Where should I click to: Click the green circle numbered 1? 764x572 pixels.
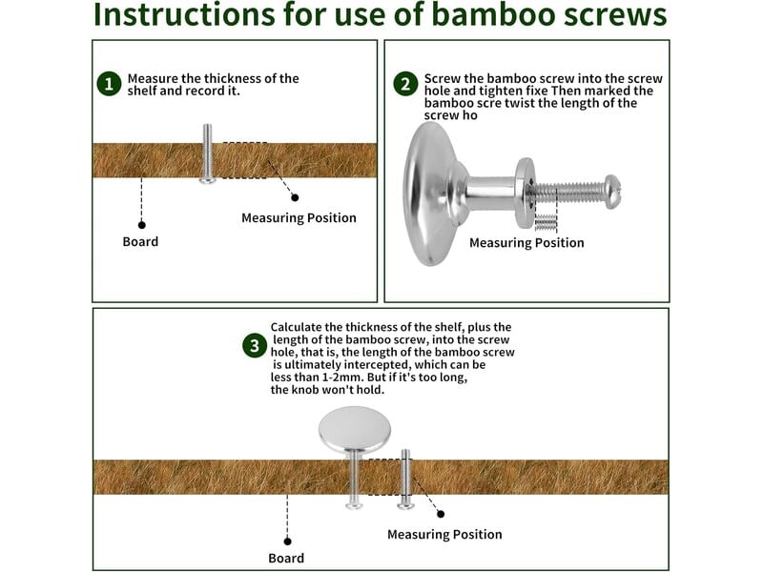point(109,84)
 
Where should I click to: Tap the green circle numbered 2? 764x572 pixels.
point(405,84)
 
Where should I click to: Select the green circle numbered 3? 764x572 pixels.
point(255,346)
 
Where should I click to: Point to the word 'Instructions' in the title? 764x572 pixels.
point(184,14)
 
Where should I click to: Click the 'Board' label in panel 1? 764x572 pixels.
point(140,242)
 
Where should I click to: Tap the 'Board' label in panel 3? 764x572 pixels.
point(286,559)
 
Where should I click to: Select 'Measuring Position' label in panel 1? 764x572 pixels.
point(299,217)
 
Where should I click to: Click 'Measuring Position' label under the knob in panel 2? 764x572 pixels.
point(527,242)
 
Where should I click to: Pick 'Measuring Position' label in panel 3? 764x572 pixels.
point(444,535)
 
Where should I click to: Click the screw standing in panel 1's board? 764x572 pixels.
point(208,153)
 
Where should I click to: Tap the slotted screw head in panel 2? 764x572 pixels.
point(612,192)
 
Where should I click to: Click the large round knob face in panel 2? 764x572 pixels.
point(423,194)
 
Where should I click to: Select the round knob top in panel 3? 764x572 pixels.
point(354,428)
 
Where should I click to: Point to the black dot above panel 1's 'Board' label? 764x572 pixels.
point(142,225)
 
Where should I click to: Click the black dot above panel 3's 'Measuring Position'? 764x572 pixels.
point(441,514)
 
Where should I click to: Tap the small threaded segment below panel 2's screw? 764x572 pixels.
point(546,222)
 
